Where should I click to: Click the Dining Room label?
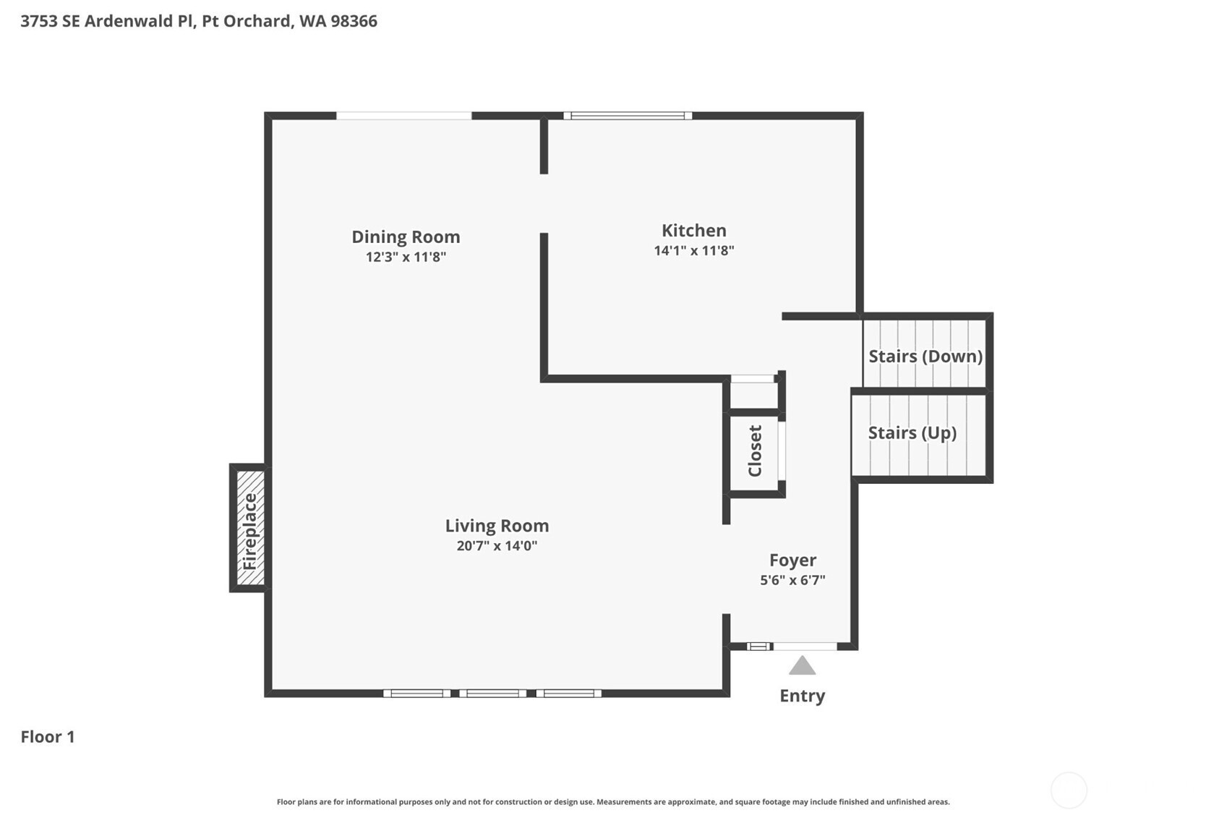point(406,237)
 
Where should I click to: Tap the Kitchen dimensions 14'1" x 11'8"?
point(694,250)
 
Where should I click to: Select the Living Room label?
point(497,526)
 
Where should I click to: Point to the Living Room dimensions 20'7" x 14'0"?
point(497,546)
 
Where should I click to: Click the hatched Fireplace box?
point(249,528)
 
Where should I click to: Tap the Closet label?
point(755,451)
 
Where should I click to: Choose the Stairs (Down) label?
point(925,356)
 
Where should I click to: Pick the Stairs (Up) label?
point(912,433)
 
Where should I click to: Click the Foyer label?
point(792,561)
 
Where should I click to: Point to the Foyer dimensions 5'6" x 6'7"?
point(792,580)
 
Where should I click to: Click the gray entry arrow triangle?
point(803,665)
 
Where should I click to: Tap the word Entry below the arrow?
point(803,696)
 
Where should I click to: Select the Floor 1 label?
point(48,737)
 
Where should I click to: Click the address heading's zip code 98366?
point(354,21)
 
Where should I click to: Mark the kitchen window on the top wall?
point(628,116)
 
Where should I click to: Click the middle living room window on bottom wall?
point(493,694)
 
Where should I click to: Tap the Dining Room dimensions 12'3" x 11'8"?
point(406,257)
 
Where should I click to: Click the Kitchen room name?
point(694,230)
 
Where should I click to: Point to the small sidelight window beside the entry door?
point(759,647)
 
